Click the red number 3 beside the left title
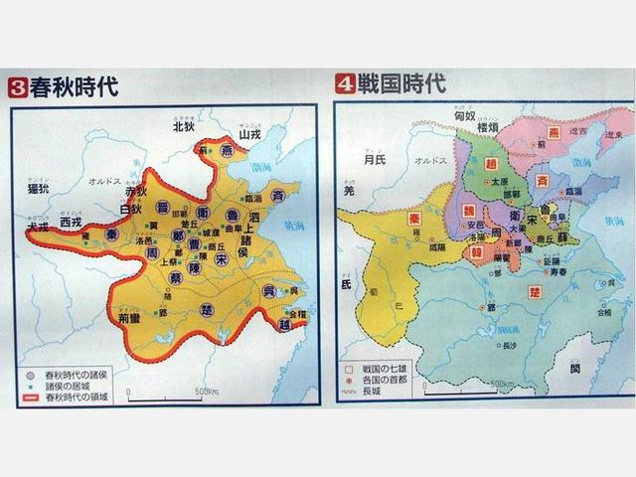17,87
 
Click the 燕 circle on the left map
228,152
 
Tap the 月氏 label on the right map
374,158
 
